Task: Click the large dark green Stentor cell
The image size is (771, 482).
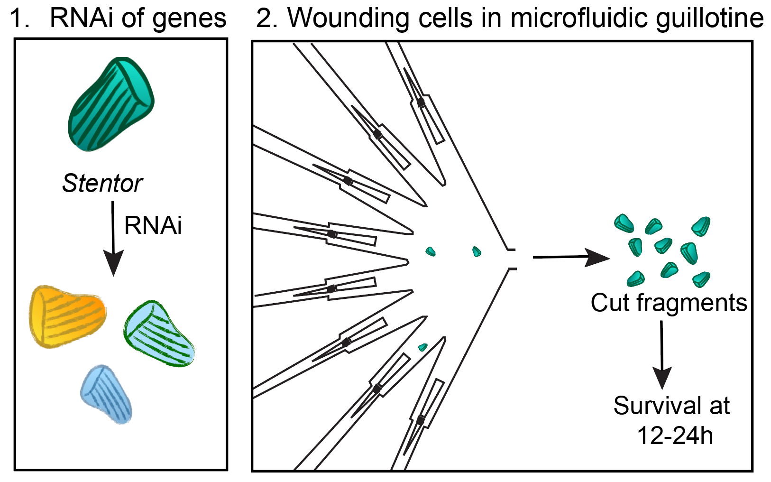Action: (x=111, y=104)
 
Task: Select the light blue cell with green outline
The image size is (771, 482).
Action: (x=159, y=334)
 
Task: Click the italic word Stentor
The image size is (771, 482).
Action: (x=102, y=183)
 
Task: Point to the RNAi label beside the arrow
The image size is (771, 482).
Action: (x=153, y=225)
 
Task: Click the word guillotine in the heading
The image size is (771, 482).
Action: (x=710, y=19)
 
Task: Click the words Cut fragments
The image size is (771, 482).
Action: (x=669, y=303)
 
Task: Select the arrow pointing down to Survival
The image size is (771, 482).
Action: (x=662, y=353)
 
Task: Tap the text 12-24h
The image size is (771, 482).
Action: (x=674, y=435)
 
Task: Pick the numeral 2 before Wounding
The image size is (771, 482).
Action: (x=265, y=19)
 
